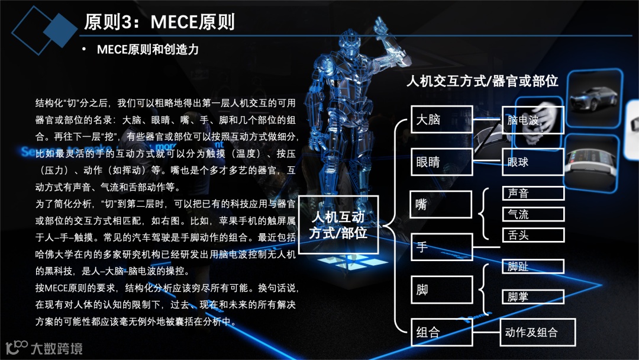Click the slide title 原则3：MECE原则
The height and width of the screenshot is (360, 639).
point(159,22)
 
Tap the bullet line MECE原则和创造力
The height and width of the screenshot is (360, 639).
point(147,50)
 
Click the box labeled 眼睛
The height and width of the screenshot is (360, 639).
point(441,162)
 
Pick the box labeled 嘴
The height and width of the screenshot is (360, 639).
point(441,205)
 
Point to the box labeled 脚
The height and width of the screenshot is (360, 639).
point(441,290)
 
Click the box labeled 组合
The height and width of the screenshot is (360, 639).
point(441,332)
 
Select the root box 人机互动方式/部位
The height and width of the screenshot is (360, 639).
point(338,225)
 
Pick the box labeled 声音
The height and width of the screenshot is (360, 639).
point(533,193)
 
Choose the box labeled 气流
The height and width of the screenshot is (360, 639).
point(533,214)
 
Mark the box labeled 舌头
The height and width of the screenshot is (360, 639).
point(533,235)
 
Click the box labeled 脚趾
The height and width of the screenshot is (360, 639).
point(533,266)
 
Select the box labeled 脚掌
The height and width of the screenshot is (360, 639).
point(533,297)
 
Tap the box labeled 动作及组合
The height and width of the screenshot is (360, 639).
point(538,332)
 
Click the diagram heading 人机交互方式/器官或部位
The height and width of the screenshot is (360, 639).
point(482,81)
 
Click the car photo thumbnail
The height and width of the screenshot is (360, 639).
point(594,98)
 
